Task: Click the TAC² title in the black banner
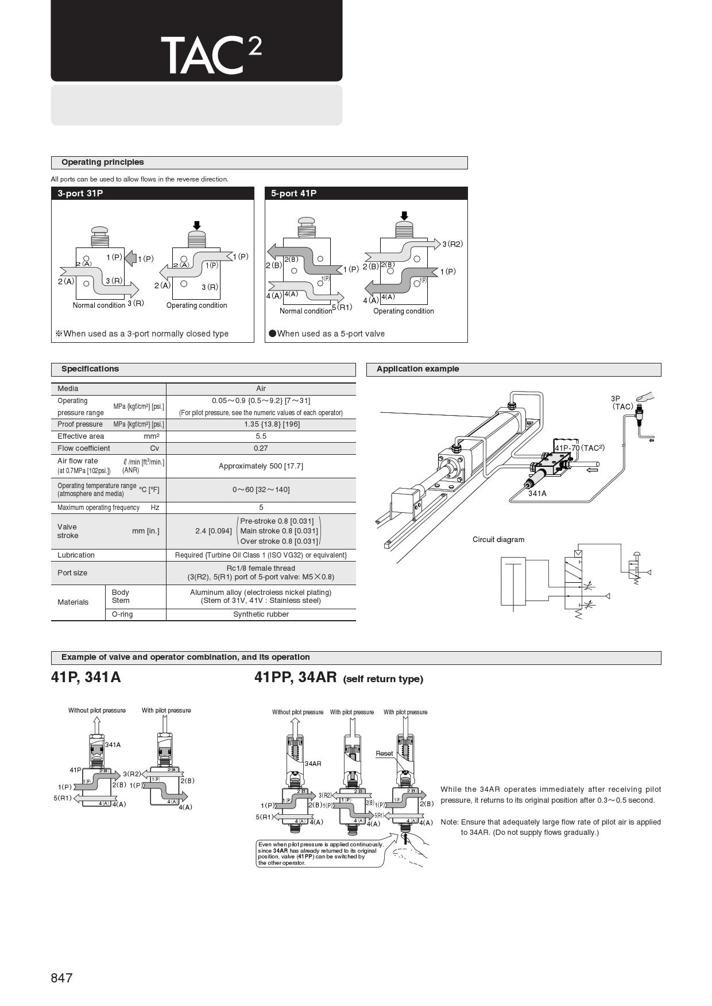(x=211, y=55)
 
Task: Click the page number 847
(x=61, y=978)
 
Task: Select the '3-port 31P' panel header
(x=80, y=194)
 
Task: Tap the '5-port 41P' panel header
(x=293, y=194)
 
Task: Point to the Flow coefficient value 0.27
(x=261, y=448)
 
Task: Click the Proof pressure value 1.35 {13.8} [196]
(x=261, y=424)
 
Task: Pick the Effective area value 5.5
(x=261, y=436)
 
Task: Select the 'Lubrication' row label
(x=76, y=555)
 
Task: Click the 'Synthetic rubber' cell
(x=261, y=614)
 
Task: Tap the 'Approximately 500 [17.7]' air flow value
(x=261, y=466)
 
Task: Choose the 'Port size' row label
(x=72, y=573)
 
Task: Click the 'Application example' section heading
(x=417, y=369)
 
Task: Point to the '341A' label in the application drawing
(x=537, y=493)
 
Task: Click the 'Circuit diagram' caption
(x=498, y=540)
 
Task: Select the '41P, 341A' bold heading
(x=86, y=678)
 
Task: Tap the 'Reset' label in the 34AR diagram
(x=384, y=753)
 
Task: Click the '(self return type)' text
(x=383, y=679)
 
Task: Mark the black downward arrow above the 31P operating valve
(x=197, y=225)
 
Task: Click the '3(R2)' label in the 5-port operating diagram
(x=452, y=244)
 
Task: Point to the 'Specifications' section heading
(x=90, y=369)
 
